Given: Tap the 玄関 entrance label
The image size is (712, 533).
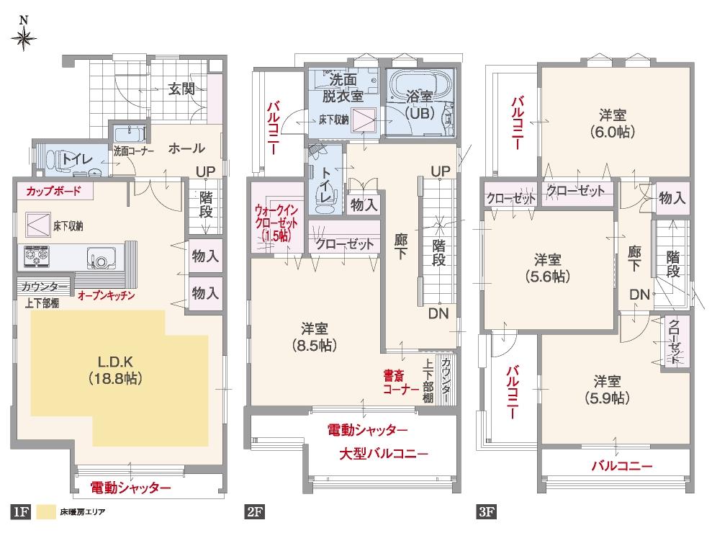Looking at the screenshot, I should (181, 89).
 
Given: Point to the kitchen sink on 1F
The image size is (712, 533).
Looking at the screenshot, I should (98, 257).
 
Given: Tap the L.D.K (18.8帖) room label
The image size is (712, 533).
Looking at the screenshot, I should (114, 368).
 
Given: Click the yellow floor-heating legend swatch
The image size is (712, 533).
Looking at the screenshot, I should (48, 513).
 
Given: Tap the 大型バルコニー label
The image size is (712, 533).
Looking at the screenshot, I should (384, 454).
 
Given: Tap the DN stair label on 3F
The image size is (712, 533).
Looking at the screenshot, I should (639, 295).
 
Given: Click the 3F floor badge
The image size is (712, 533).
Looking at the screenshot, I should (486, 513).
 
